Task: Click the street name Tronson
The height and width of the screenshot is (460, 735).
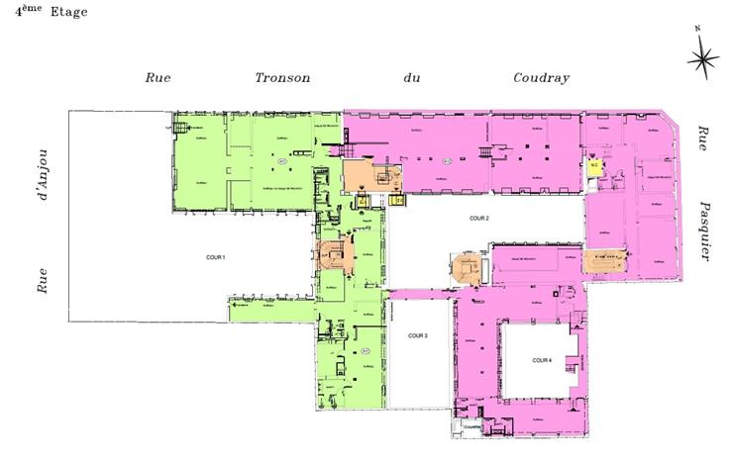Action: pyautogui.click(x=282, y=77)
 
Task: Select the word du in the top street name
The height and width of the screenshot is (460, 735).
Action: pyautogui.click(x=412, y=77)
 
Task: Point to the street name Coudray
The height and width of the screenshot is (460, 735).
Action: pyautogui.click(x=541, y=77)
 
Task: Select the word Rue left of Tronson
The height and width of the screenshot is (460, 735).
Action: pyautogui.click(x=158, y=77)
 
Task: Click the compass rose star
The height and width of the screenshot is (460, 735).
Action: pyautogui.click(x=703, y=61)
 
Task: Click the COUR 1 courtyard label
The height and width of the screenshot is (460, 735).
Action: pyautogui.click(x=215, y=258)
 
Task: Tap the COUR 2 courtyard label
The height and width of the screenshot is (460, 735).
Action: pyautogui.click(x=479, y=217)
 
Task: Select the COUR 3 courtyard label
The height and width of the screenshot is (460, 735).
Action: pyautogui.click(x=417, y=336)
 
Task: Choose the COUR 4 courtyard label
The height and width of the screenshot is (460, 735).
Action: pyautogui.click(x=541, y=360)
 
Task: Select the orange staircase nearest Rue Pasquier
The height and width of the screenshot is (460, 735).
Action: pyautogui.click(x=604, y=262)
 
